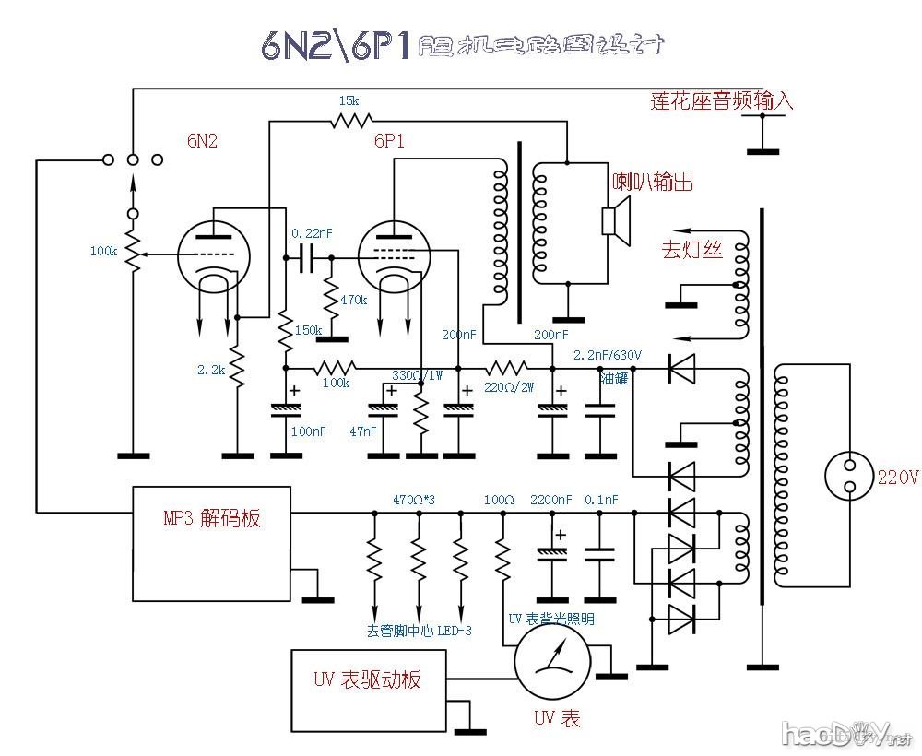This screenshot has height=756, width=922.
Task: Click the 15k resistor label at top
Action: pyautogui.click(x=349, y=100)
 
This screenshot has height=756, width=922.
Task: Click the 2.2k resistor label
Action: pyautogui.click(x=210, y=370)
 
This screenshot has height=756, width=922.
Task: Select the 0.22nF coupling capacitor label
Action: pyautogui.click(x=310, y=233)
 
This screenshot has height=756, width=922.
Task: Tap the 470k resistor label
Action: pyautogui.click(x=354, y=300)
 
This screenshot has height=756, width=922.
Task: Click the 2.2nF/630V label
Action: pyautogui.click(x=608, y=355)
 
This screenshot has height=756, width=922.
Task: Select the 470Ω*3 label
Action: pyautogui.click(x=414, y=499)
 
